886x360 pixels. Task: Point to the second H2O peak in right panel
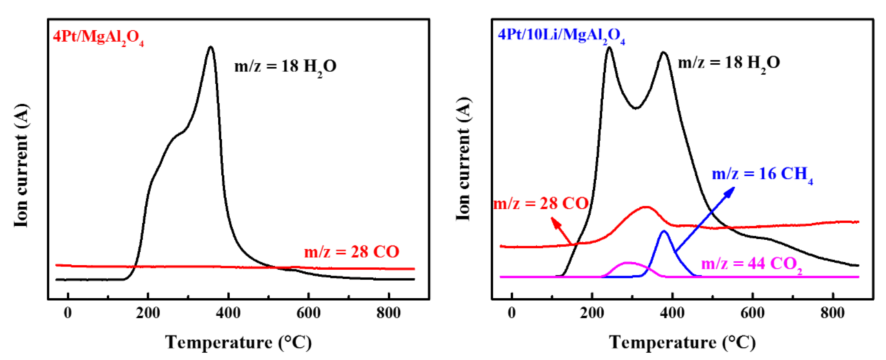pos(664,53)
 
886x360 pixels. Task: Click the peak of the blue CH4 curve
pos(664,231)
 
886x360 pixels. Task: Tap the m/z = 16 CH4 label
pos(762,174)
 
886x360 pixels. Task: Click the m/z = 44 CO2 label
pos(751,264)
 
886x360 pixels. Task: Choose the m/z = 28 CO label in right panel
pos(541,204)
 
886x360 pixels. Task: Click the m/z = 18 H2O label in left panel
pos(285,66)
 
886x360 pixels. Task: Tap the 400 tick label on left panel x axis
pos(228,313)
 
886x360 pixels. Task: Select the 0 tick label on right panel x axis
pos(512,313)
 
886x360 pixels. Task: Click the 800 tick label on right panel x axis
pos(832,313)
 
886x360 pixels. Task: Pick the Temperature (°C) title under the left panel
pos(238,342)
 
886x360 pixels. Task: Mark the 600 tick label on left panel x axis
pos(309,313)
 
